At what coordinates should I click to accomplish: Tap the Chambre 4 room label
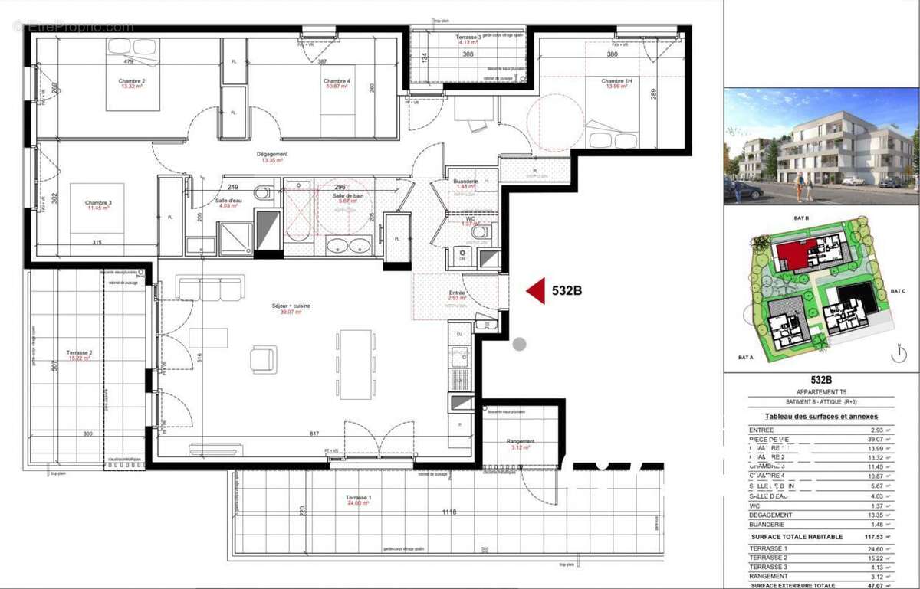coord(337,82)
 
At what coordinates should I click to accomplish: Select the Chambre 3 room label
coord(97,204)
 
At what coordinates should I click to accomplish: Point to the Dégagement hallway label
coord(272,155)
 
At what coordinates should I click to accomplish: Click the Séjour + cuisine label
coord(291,306)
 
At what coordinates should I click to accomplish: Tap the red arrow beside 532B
coord(535,290)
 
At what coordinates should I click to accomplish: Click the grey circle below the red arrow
coord(519,344)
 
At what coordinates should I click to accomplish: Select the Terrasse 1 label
coord(358,499)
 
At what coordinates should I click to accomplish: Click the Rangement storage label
coord(520,442)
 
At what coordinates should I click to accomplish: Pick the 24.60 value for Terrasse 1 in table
coord(870,549)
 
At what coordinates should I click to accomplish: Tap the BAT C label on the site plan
coord(899,291)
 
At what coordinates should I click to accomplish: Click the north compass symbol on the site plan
coord(895,353)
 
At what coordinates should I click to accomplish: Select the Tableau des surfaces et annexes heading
coord(821,416)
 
